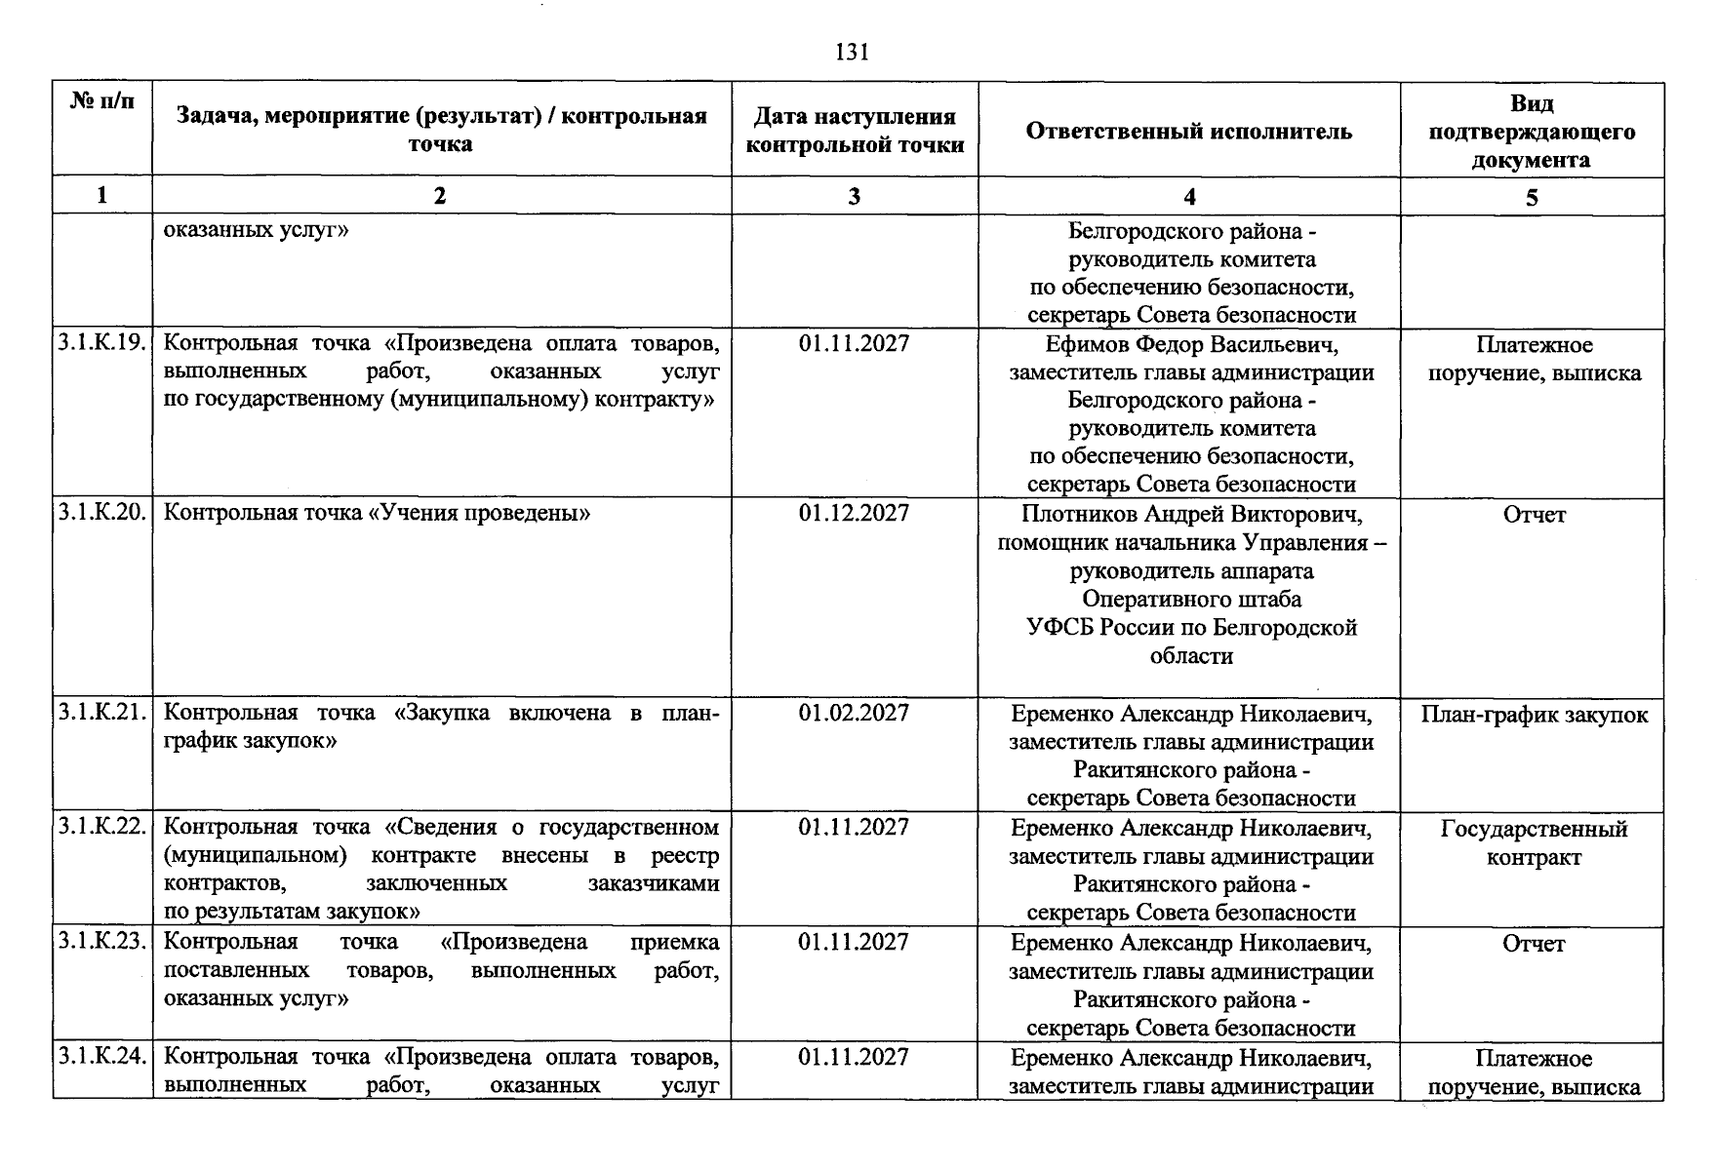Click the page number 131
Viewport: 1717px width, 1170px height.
pos(853,53)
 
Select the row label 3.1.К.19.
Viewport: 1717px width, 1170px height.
pos(102,343)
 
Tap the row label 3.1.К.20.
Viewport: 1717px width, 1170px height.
pos(102,513)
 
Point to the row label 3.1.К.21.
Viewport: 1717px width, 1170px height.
pos(102,713)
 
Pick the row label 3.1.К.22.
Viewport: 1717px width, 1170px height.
pos(102,827)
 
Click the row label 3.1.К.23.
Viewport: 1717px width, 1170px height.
pos(102,942)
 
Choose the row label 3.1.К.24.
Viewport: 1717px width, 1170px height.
pos(102,1057)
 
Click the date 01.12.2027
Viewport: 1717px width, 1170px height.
pos(854,513)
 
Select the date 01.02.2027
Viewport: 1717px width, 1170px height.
pos(854,713)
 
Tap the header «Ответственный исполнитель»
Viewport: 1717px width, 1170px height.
pos(1188,131)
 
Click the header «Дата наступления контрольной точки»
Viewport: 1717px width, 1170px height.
pos(854,131)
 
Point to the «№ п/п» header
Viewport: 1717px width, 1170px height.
pos(102,101)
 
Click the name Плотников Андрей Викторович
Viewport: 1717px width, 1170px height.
pos(1190,514)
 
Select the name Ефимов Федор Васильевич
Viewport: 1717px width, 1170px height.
pos(1190,345)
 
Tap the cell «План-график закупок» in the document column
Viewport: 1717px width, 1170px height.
pos(1534,715)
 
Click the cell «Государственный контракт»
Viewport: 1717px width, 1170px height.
pos(1534,842)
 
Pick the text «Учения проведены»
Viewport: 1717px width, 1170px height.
pos(478,513)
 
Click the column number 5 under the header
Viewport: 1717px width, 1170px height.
pos(1532,198)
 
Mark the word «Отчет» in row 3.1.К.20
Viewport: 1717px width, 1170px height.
pos(1534,515)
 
